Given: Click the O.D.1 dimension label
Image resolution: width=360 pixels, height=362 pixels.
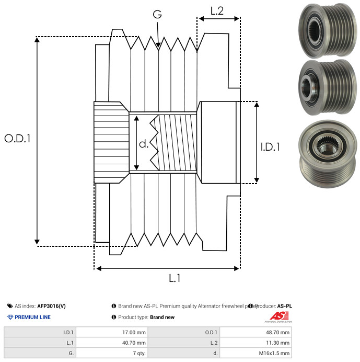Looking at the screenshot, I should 18,139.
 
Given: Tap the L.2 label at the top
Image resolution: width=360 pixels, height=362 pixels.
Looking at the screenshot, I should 217,10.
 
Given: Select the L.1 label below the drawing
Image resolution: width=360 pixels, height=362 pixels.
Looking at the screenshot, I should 175,278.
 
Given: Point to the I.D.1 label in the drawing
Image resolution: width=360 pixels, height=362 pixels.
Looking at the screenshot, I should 270,147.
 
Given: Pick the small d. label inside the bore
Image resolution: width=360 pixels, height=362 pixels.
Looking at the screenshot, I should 144,143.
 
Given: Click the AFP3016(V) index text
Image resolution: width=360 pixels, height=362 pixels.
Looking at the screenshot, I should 51,306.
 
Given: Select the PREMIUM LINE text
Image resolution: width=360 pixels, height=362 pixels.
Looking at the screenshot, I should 33,317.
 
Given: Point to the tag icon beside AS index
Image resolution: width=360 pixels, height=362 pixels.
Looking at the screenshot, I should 10,306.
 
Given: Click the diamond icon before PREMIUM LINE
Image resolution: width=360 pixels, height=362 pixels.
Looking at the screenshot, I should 10,317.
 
